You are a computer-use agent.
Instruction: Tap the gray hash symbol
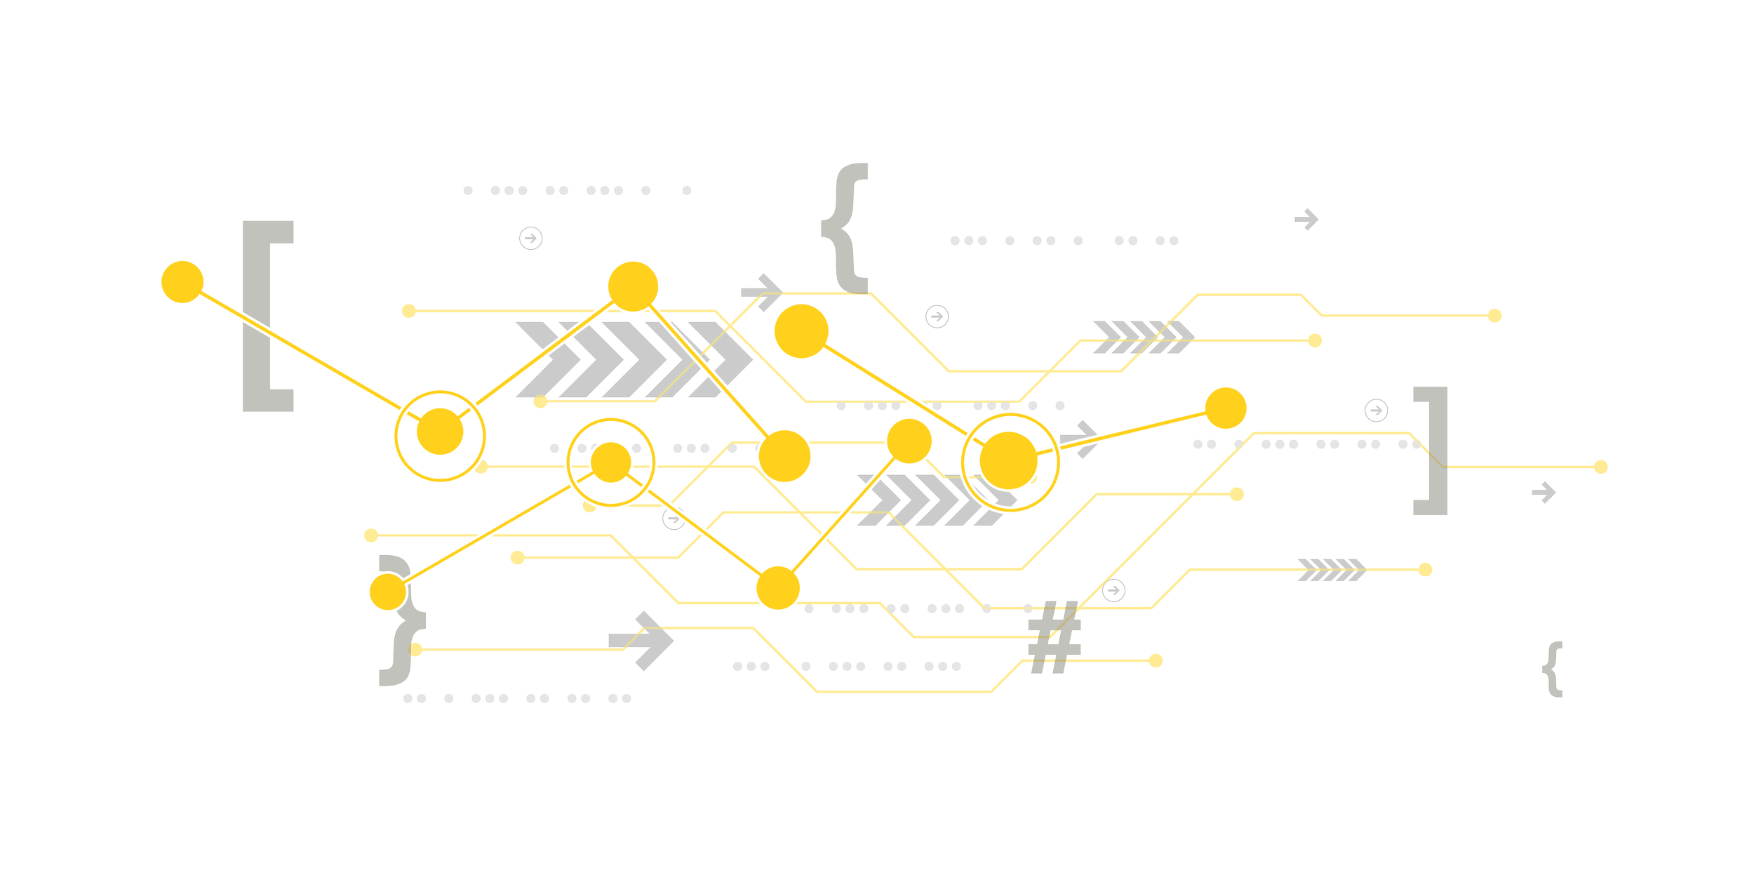point(1054,637)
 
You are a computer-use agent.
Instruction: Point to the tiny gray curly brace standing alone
point(1553,668)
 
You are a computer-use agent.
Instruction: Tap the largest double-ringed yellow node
point(1009,461)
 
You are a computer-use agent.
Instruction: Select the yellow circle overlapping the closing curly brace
point(388,591)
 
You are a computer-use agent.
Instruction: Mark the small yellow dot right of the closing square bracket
point(1600,467)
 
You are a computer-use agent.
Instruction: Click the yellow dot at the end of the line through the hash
point(1156,660)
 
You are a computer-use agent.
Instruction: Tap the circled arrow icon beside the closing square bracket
point(1376,410)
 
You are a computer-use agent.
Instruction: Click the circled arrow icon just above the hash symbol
point(1113,591)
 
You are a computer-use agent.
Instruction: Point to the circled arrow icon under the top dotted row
point(530,239)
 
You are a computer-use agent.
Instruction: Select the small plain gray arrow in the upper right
point(1306,220)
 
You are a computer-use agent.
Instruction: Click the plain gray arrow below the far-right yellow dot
point(1544,493)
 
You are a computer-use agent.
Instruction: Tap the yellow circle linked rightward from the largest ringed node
point(1226,407)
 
